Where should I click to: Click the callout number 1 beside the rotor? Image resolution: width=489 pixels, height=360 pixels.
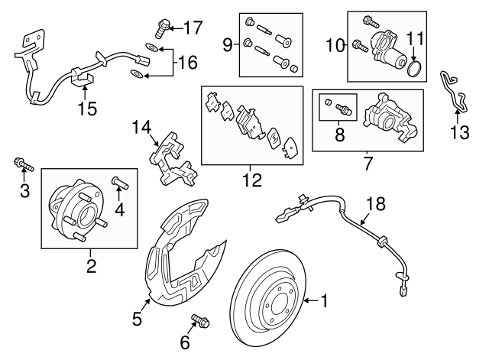[325, 302]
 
